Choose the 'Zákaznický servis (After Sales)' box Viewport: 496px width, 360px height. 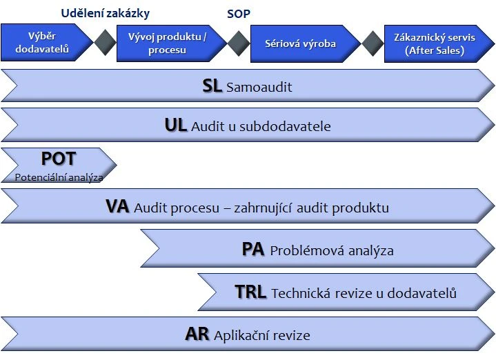click(434, 43)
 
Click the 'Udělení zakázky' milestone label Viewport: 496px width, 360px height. click(105, 13)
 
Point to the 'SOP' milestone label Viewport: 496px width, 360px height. click(238, 13)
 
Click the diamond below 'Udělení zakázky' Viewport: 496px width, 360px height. click(106, 43)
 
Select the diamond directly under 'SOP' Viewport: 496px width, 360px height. click(239, 43)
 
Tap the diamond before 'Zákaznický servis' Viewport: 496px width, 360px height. click(373, 43)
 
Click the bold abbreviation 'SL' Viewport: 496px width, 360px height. click(212, 86)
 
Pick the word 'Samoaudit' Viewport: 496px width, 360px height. click(259, 88)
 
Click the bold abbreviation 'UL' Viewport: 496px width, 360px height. click(175, 125)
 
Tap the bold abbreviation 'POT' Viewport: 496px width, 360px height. click(58, 159)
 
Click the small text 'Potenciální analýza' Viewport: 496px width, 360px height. click(59, 177)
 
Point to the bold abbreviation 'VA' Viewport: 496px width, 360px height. click(117, 206)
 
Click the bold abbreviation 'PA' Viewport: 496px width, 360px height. click(253, 249)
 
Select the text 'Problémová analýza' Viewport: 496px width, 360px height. click(332, 250)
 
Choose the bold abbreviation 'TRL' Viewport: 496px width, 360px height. click(250, 292)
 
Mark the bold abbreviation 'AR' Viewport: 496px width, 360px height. click(197, 334)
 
